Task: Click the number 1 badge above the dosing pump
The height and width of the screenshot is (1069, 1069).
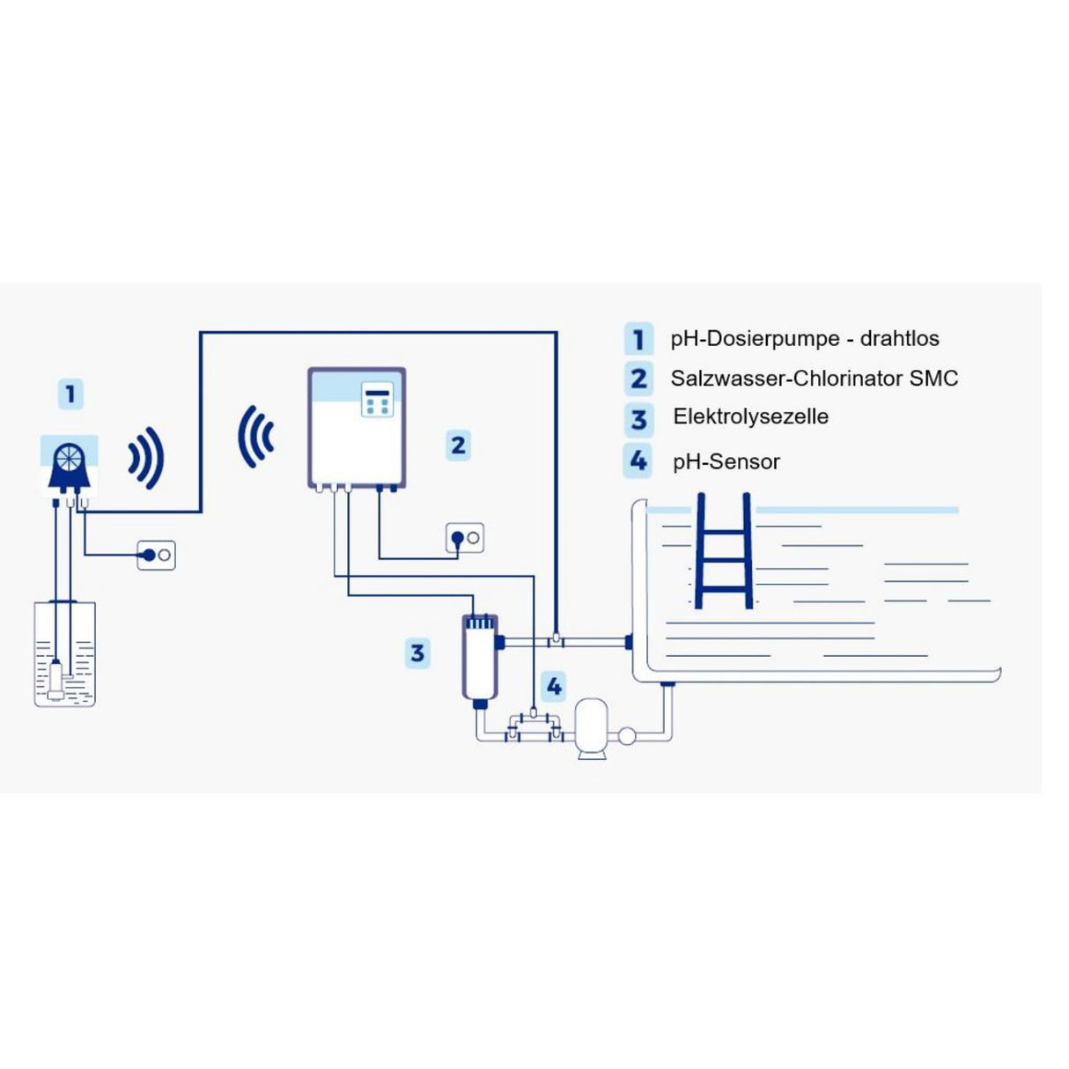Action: click(x=70, y=394)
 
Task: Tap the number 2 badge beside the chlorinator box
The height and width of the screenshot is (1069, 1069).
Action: click(x=458, y=446)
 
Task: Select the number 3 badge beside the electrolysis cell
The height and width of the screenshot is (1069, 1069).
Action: click(x=417, y=653)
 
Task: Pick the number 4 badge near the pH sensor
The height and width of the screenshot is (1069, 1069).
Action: click(x=554, y=687)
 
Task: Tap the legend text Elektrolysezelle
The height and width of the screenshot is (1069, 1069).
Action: click(x=750, y=417)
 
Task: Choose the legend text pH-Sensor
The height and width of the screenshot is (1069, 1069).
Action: click(x=726, y=461)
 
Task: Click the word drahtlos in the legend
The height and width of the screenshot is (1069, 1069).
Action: click(x=899, y=338)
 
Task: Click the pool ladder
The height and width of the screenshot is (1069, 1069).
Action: click(x=724, y=550)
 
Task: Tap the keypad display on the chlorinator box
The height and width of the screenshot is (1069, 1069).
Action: click(x=377, y=399)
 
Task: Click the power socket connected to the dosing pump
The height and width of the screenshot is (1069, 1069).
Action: click(x=157, y=556)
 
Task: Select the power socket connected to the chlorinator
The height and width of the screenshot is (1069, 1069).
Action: click(x=465, y=537)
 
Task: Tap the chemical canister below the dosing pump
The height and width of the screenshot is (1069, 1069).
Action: click(x=65, y=653)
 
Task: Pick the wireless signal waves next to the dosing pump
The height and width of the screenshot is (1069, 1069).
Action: click(x=146, y=459)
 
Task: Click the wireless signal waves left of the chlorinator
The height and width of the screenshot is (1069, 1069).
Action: click(x=255, y=437)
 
